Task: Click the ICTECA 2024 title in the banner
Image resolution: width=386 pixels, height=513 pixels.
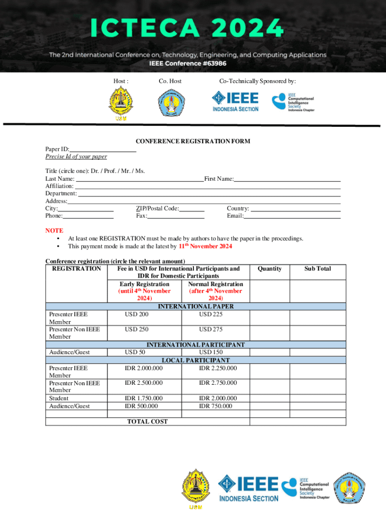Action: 187,28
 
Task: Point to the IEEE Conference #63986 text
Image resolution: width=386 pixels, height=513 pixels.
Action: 187,64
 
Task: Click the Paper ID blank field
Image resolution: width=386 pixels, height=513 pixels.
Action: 103,149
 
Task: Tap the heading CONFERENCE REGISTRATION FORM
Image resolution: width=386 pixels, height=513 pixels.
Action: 193,141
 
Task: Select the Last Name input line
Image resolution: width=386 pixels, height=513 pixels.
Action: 139,179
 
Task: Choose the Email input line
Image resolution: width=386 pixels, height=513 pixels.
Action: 292,216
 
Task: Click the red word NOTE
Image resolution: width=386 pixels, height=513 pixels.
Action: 54,230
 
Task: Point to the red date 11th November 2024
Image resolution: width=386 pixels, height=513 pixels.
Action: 206,246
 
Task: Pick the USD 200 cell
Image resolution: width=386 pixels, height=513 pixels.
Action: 137,314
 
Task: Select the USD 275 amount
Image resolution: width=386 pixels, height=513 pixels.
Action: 211,329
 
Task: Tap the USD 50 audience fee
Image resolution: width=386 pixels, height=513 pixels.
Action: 135,352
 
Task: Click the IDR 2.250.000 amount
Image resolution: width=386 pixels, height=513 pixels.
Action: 218,368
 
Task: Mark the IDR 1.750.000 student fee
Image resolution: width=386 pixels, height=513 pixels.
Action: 143,398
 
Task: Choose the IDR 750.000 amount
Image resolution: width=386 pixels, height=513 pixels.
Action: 216,406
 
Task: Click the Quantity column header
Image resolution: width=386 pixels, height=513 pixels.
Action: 270,269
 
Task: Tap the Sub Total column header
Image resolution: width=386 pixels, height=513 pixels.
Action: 317,269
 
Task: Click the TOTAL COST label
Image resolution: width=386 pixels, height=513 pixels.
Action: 147,421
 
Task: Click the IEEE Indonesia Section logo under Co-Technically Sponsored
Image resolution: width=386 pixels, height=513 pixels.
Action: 235,102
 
